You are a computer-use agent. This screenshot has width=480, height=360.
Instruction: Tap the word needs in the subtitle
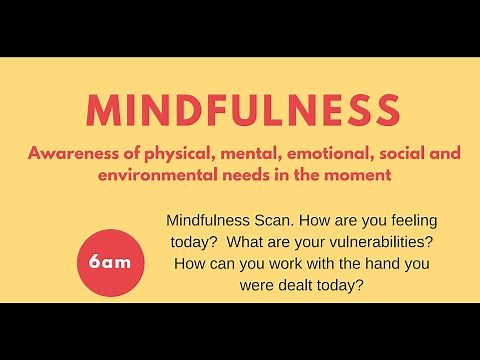tap(250, 175)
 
